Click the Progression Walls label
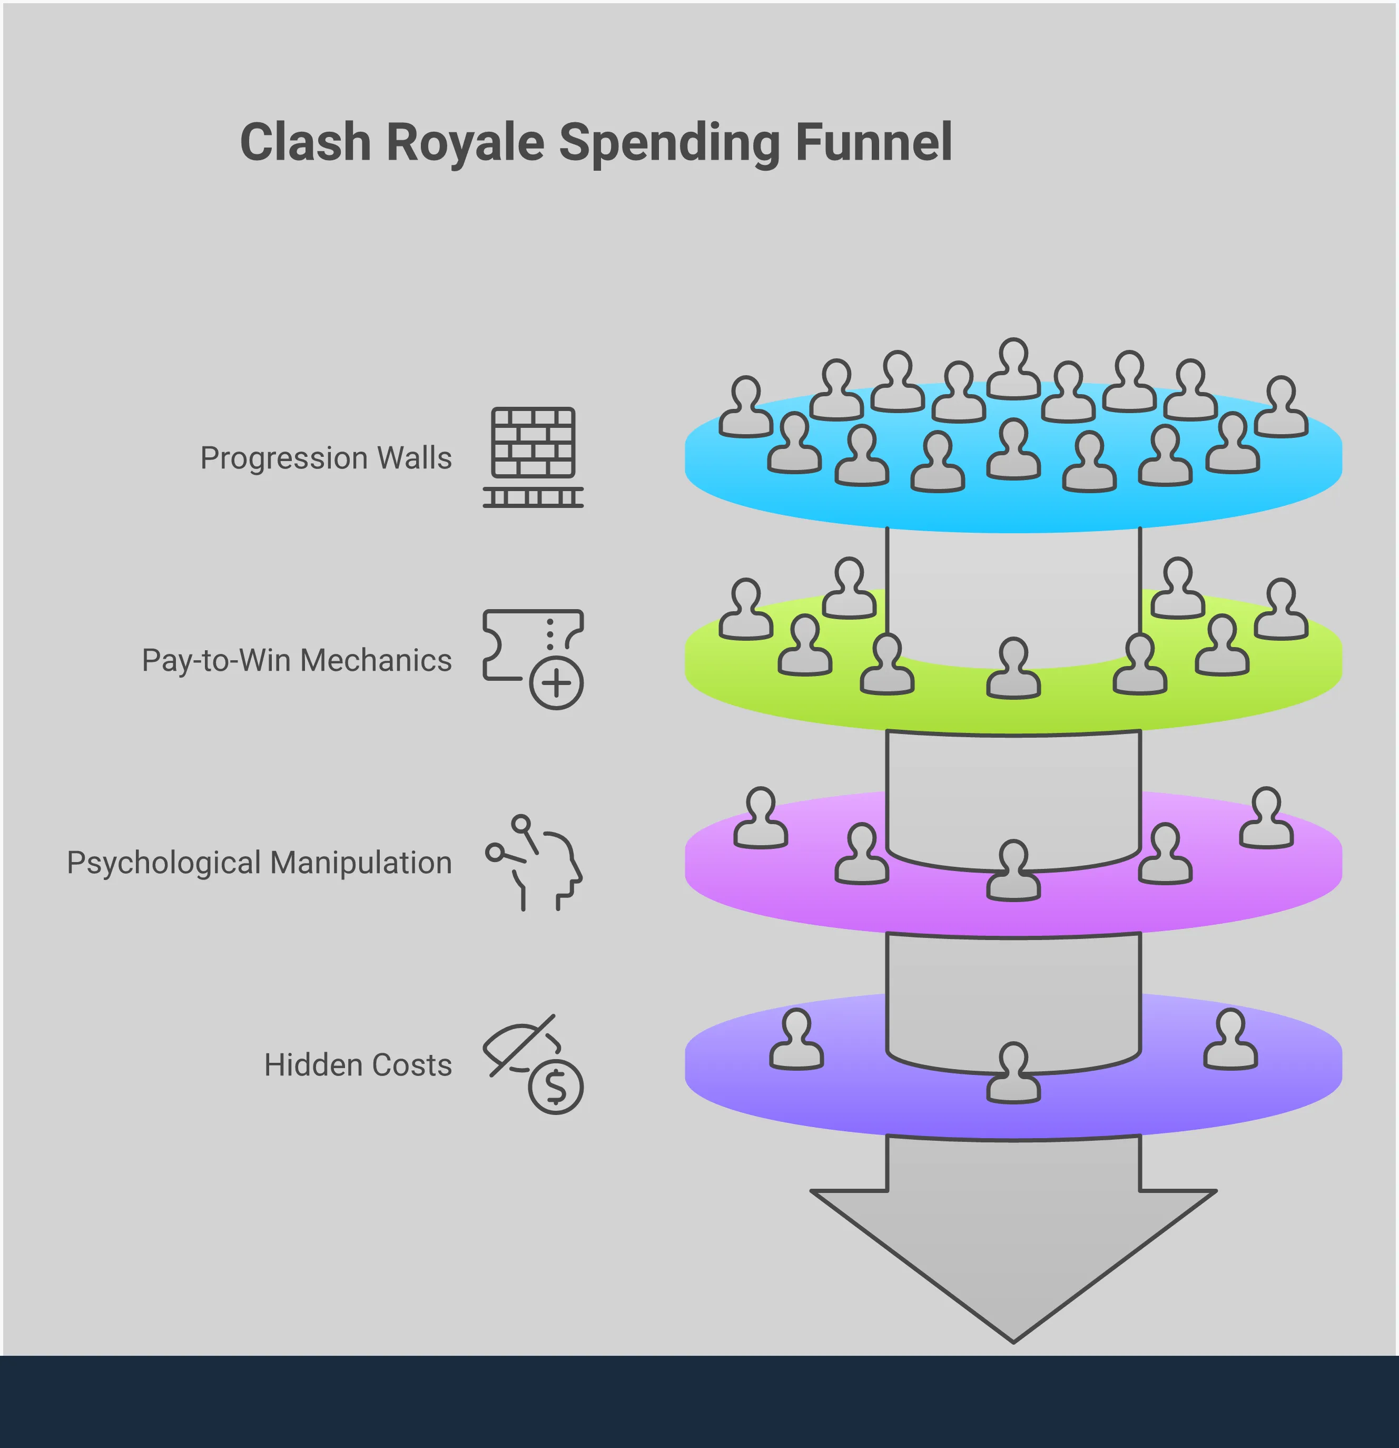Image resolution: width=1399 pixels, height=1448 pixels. click(326, 458)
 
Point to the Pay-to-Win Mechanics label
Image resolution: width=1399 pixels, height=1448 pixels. click(296, 660)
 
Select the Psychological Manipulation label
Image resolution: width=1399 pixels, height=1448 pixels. click(259, 863)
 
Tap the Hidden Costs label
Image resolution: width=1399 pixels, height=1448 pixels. click(358, 1065)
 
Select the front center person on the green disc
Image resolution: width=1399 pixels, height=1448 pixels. click(1013, 669)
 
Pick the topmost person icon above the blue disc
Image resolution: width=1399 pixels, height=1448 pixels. click(1013, 369)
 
